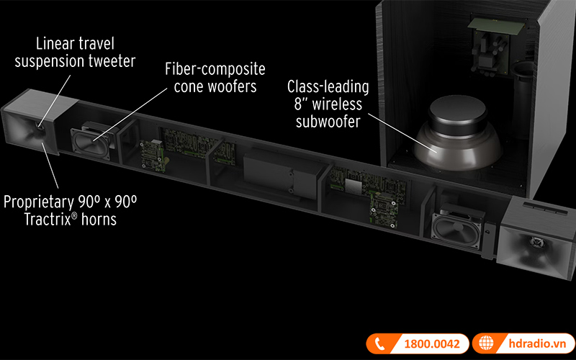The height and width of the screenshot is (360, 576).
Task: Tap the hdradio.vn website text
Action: click(x=528, y=343)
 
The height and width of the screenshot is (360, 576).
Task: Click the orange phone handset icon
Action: click(x=377, y=343)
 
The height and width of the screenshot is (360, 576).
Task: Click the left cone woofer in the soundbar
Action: click(x=91, y=137)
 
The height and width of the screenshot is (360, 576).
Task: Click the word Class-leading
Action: click(x=328, y=88)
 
